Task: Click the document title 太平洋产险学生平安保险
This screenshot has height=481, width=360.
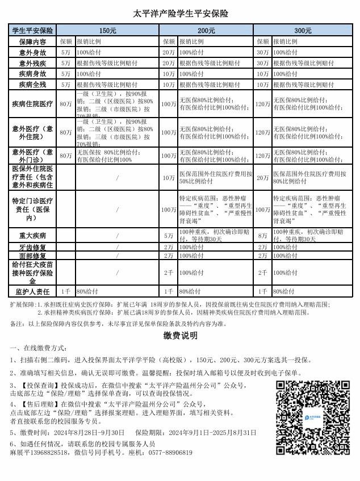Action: tap(180, 14)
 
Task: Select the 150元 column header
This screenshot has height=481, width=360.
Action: tap(107, 31)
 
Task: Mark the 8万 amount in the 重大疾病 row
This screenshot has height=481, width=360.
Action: tap(262, 235)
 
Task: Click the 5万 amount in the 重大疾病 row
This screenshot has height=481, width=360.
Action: tap(169, 235)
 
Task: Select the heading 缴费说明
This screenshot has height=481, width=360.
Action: tap(180, 336)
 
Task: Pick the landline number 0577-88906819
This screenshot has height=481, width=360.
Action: tap(168, 453)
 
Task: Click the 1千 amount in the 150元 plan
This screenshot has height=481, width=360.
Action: tap(66, 291)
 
